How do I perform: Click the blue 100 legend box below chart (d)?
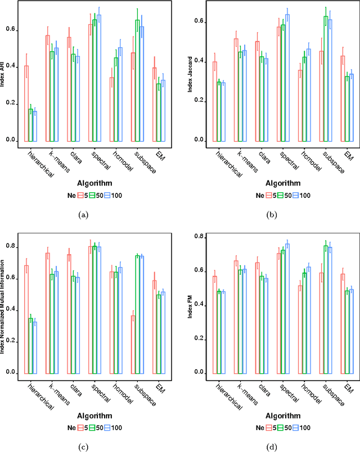tap(295, 427)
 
